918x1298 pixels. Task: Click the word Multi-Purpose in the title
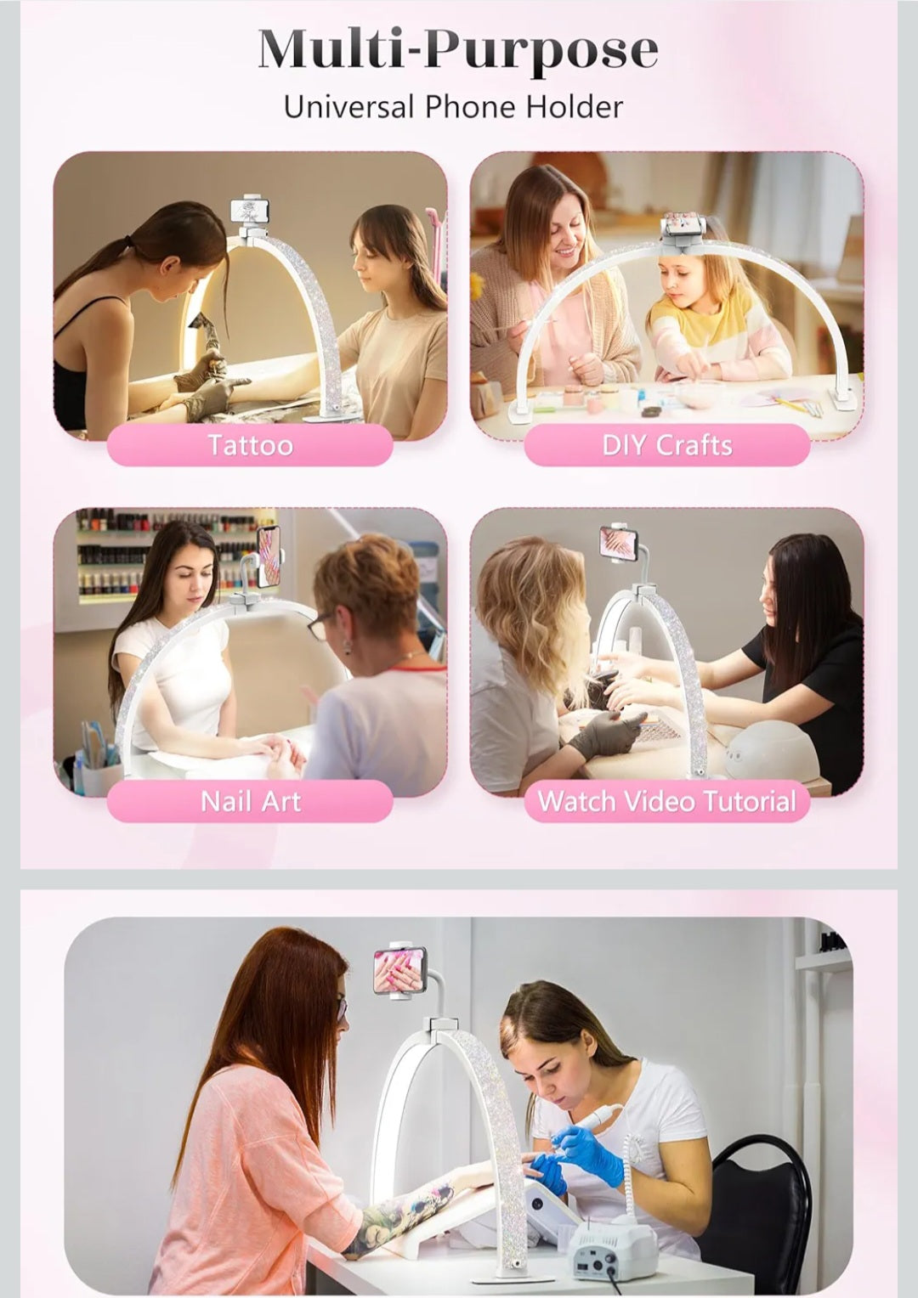click(x=458, y=50)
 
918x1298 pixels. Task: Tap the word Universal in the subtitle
click(x=349, y=107)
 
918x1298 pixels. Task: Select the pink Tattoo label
click(x=250, y=445)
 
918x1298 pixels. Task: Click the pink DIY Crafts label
click(x=666, y=445)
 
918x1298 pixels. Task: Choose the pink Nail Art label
click(x=250, y=801)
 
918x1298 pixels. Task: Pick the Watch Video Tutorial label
click(x=666, y=801)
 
